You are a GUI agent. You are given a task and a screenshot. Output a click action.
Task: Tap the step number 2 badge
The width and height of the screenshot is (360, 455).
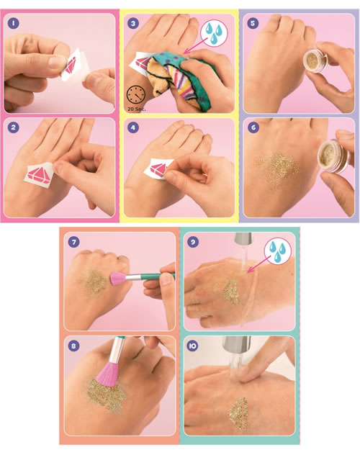click(12, 128)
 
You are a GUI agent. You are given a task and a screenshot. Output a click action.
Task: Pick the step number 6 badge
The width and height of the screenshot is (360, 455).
click(253, 128)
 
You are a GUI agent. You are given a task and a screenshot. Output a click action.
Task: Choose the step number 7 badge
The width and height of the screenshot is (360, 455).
click(73, 241)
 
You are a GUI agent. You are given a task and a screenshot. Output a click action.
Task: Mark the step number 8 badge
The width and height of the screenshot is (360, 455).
click(73, 346)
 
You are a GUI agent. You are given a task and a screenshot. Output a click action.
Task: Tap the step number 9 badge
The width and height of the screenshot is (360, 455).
click(193, 241)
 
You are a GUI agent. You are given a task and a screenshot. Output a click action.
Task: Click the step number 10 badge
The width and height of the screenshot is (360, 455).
click(193, 346)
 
